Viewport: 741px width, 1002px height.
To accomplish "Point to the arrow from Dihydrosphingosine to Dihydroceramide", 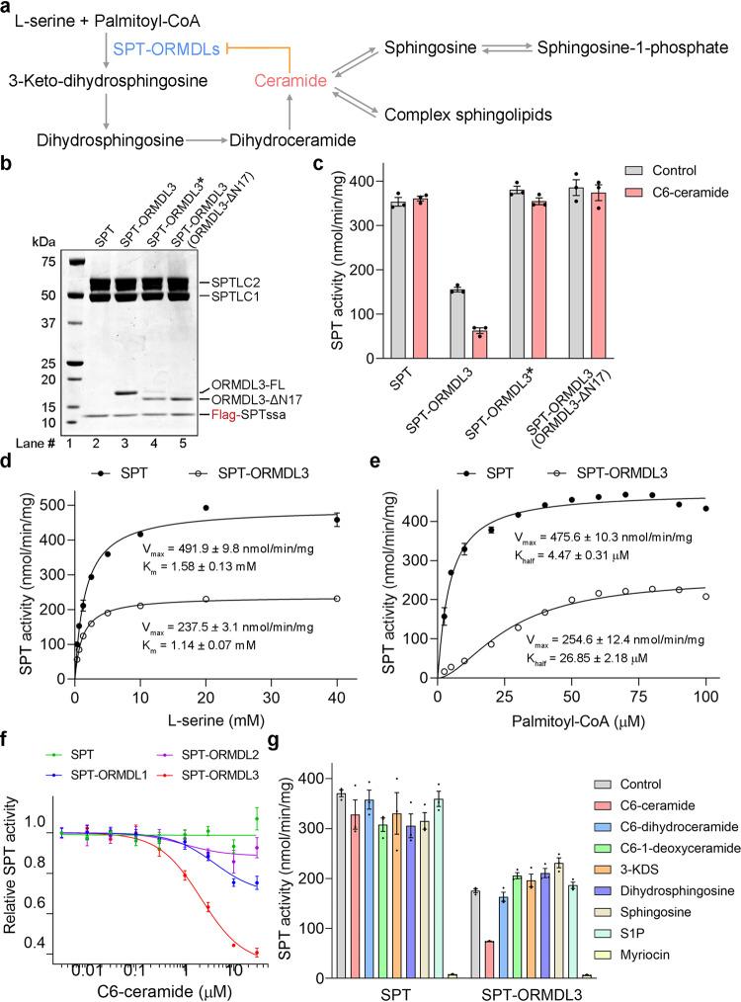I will pyautogui.click(x=206, y=140).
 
